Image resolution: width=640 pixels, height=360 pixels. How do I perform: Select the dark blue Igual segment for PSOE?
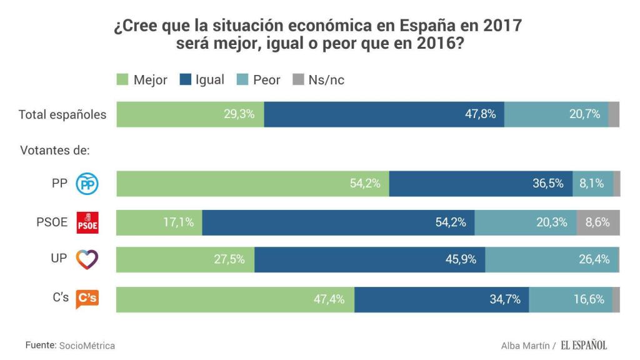pos(338,222)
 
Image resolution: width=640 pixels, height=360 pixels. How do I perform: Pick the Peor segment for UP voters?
pos(552,260)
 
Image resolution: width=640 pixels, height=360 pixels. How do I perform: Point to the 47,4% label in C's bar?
pos(329,299)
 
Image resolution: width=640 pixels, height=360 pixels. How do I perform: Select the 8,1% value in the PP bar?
pos(592,184)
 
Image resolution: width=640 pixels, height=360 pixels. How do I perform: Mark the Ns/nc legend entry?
pos(318,80)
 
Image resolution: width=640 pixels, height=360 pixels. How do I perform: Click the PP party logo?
pos(87,184)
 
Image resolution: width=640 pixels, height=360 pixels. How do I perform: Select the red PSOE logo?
pos(87,222)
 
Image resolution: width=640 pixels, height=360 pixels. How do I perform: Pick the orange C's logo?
pos(87,299)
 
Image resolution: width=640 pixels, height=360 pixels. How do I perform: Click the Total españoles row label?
pos(62,115)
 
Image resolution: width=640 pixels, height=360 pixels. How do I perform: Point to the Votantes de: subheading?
pos(55,151)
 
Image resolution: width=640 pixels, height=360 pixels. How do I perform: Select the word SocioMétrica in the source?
pos(87,346)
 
